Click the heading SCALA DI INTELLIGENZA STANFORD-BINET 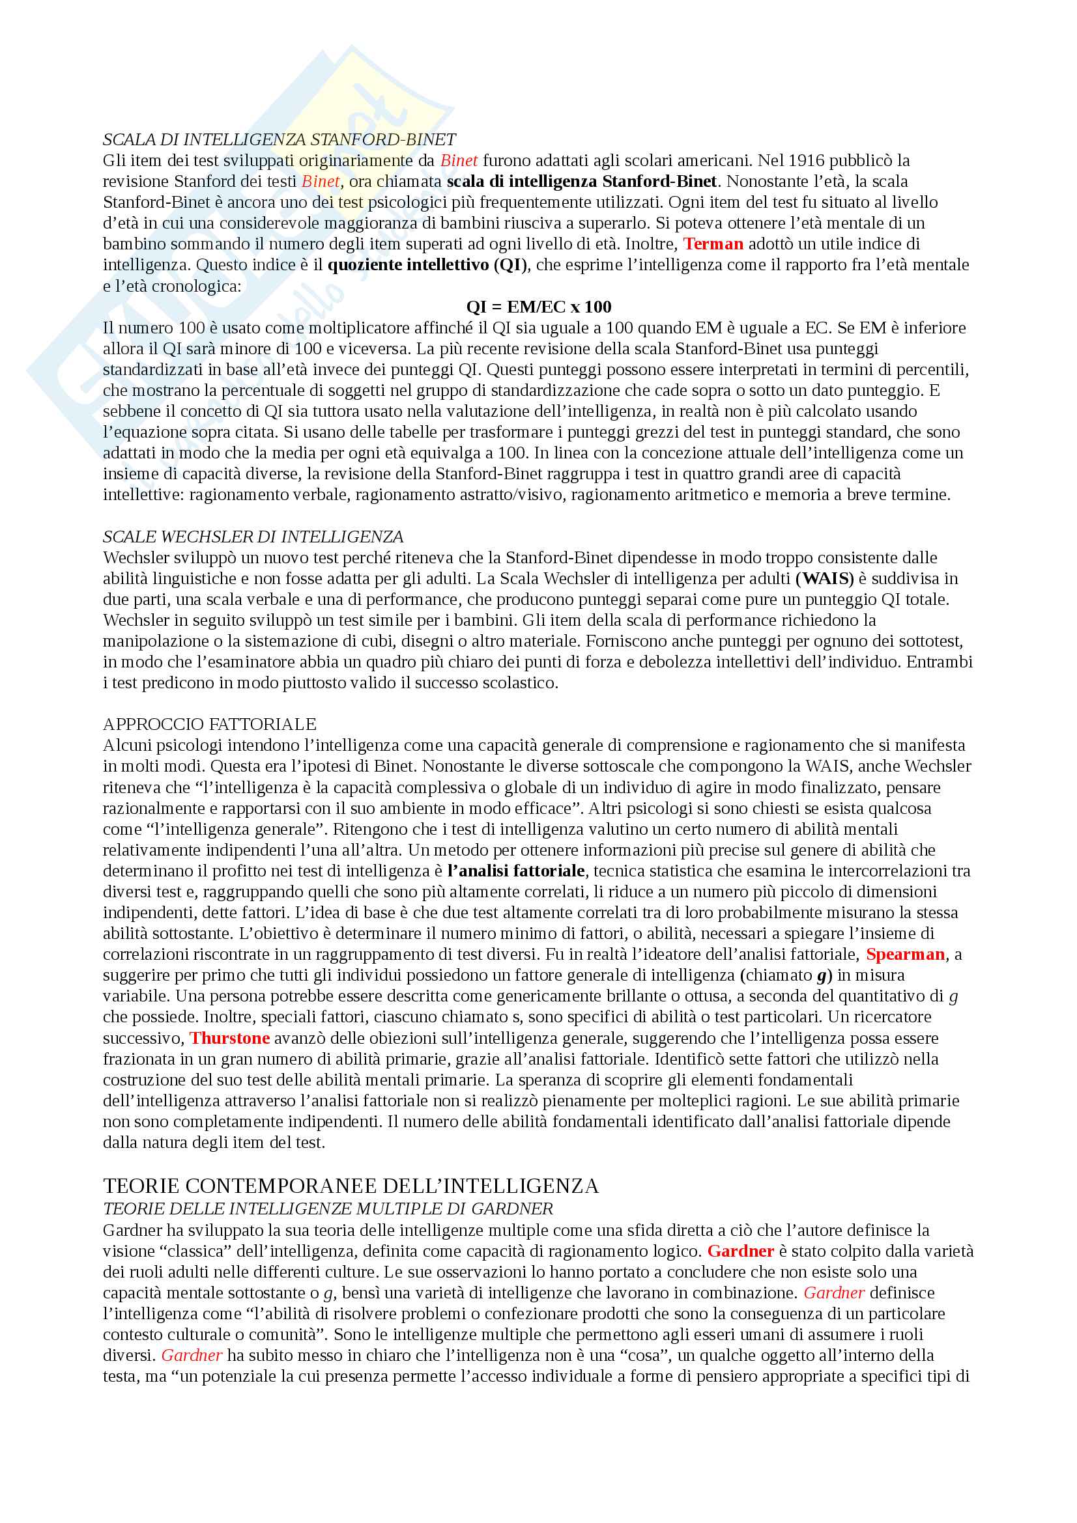point(280,139)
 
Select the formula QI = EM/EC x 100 point(538,307)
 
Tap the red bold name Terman point(713,244)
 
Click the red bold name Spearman point(905,954)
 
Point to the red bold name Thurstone point(229,1038)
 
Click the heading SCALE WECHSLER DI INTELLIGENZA point(253,536)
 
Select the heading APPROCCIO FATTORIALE point(210,723)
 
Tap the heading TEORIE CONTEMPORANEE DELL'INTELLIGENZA point(351,1186)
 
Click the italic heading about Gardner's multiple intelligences point(328,1209)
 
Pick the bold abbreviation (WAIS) point(824,578)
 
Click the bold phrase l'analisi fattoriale point(516,871)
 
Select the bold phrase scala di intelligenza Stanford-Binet point(581,181)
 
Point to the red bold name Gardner point(741,1251)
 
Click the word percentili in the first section point(933,369)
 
